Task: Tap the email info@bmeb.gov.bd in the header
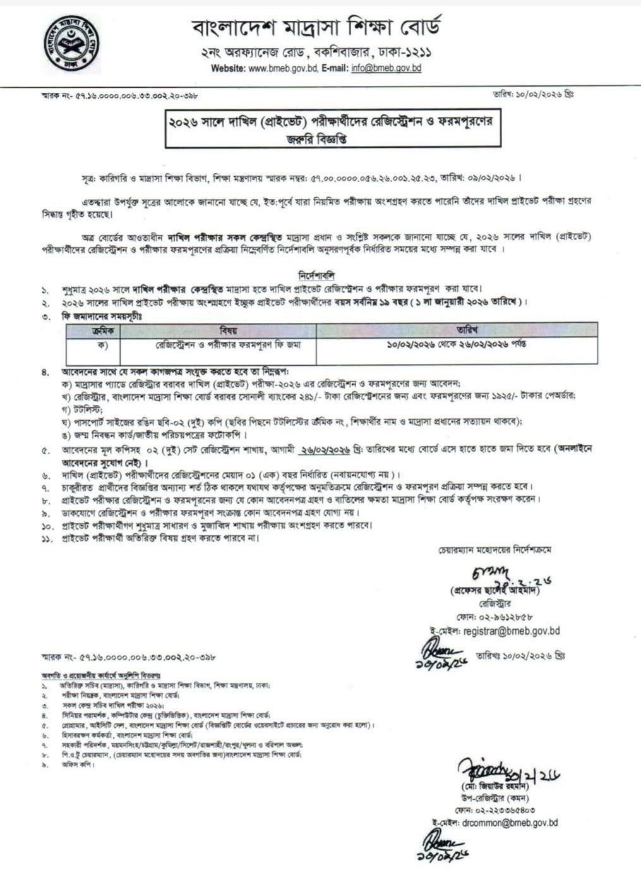point(386,68)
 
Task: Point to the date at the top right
point(533,94)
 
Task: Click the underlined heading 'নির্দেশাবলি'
point(320,277)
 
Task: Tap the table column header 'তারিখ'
point(457,330)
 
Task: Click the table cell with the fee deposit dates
point(457,345)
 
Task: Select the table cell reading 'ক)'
point(93,345)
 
